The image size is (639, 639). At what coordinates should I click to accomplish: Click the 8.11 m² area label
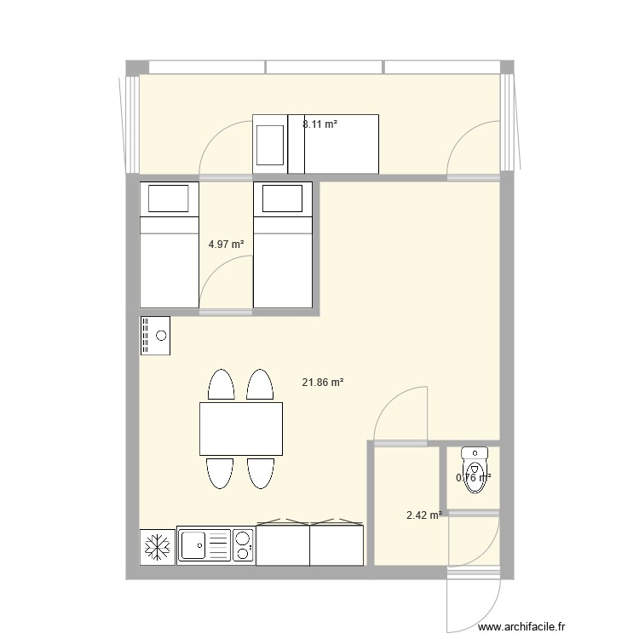319,124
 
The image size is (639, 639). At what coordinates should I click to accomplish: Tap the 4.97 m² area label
226,245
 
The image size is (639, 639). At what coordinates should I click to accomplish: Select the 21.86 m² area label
323,383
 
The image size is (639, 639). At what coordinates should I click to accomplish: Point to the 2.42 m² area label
423,515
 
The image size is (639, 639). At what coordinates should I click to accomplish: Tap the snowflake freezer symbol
157,546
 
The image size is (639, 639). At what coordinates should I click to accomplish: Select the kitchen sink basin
193,546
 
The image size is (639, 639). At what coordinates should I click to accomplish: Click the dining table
241,429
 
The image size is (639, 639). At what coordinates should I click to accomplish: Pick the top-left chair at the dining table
222,385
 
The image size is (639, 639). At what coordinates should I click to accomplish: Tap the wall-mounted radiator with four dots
155,336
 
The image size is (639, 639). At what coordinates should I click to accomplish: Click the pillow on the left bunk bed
170,199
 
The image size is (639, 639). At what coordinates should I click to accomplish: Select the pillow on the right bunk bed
283,199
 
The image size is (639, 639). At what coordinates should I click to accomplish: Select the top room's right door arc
472,147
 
